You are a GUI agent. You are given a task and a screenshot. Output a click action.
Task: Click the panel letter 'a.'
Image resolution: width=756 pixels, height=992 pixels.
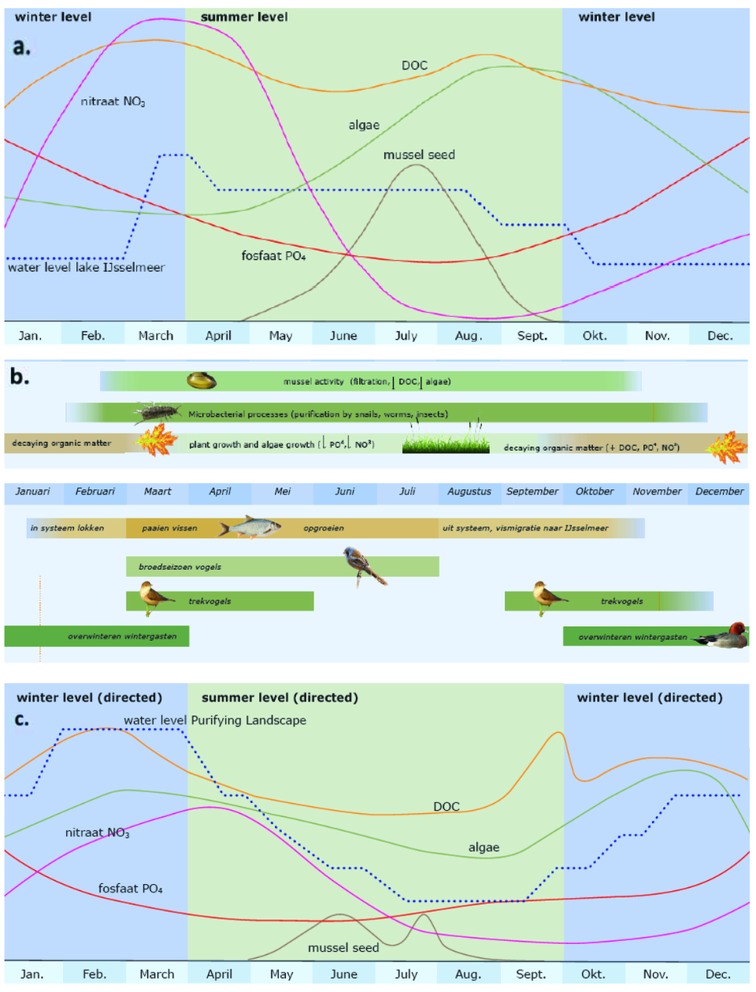(x=21, y=47)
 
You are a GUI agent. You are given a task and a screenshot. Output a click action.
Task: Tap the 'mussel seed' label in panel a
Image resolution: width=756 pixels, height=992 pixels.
(x=419, y=155)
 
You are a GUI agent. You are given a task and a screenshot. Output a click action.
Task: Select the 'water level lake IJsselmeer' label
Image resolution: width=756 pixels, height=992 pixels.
(x=87, y=268)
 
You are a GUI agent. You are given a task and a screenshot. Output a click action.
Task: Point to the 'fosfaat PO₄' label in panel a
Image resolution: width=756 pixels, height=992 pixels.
(x=273, y=256)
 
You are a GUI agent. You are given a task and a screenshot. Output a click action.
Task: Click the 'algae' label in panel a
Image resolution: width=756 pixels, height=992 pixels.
(x=364, y=125)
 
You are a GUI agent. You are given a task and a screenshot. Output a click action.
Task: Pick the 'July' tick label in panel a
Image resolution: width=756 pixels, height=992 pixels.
(x=406, y=336)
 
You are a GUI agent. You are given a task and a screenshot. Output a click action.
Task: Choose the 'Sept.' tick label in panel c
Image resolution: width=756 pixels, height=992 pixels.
(x=531, y=975)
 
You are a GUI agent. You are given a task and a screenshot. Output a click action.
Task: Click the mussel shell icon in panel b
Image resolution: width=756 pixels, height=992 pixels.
(x=202, y=381)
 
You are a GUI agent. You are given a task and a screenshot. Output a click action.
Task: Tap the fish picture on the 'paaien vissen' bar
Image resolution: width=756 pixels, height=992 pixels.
(x=250, y=527)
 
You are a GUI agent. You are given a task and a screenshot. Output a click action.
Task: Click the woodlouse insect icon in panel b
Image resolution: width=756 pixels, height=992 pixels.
(x=157, y=411)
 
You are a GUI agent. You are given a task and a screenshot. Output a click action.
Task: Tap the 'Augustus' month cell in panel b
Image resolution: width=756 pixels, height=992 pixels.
(x=469, y=492)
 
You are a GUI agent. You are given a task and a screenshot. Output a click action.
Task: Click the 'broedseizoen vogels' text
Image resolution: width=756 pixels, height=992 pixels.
(x=180, y=567)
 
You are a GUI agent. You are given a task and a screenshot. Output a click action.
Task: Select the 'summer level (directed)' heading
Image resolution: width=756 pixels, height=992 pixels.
(x=280, y=697)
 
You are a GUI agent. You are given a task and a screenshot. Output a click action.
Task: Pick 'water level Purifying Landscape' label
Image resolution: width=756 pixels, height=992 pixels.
(x=215, y=720)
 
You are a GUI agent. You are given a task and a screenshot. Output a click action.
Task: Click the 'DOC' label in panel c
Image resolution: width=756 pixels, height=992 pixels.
(x=446, y=807)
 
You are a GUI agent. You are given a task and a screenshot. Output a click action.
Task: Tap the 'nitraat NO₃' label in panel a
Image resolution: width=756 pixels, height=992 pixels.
(x=113, y=102)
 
